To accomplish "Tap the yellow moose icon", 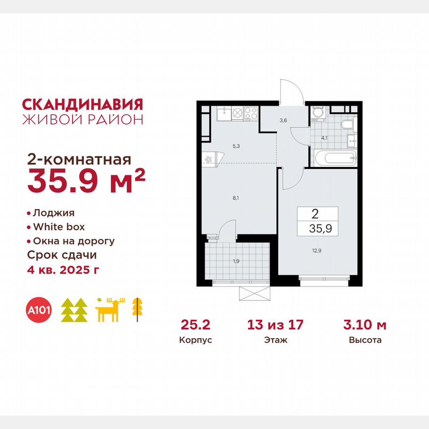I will tap(110, 310).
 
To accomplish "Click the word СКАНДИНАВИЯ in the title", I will tap(83, 104).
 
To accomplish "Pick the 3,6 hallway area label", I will tap(283, 120).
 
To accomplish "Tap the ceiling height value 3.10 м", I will tap(365, 325).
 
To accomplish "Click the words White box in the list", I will tap(59, 227).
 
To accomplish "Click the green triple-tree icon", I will tap(74, 310).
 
